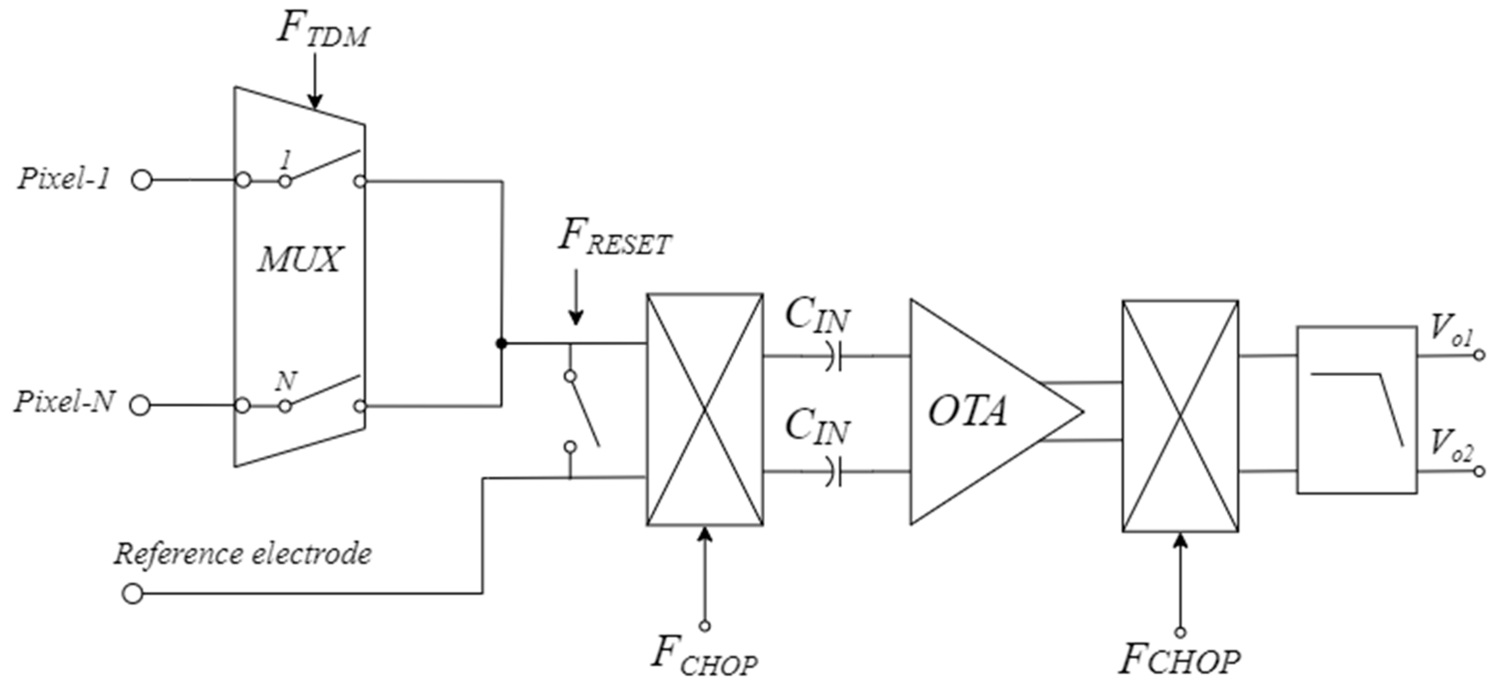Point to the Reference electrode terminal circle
point(133,594)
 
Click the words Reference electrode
point(242,553)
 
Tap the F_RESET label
point(614,237)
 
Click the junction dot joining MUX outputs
point(502,344)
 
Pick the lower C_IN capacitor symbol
point(833,471)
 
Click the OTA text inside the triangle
point(967,412)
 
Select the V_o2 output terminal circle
point(1480,471)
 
